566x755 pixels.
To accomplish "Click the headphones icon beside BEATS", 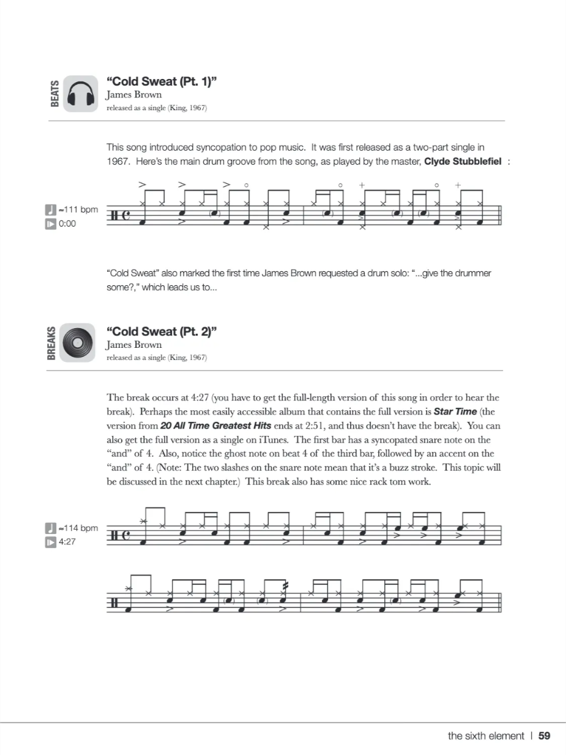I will (x=80, y=94).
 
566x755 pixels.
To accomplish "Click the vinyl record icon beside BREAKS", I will (x=78, y=343).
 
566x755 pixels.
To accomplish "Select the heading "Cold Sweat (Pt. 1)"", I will (x=162, y=82).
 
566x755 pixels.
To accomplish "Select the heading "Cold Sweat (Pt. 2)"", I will (x=162, y=331).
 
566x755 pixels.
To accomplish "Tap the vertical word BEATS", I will (x=55, y=94).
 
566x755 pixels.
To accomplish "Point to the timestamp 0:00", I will (x=67, y=224).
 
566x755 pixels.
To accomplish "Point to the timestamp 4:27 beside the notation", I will (x=67, y=542).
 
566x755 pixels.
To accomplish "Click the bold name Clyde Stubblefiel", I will (x=463, y=161).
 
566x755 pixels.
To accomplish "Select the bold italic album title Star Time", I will (x=455, y=411).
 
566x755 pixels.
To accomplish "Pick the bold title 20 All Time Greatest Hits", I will (x=207, y=426).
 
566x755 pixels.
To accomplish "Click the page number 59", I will (x=544, y=736).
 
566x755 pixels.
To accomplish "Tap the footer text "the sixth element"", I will (x=486, y=736).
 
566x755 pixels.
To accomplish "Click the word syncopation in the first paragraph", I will (x=216, y=147).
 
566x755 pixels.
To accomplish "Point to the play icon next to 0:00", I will (x=51, y=224).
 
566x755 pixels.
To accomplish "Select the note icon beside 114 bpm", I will (x=51, y=528).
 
